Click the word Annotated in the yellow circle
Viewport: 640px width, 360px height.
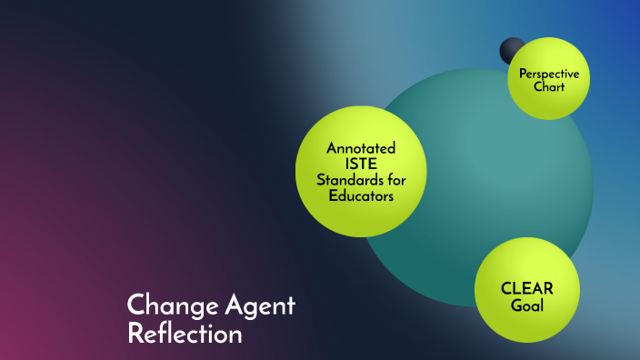[x=362, y=148]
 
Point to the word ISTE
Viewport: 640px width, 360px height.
[x=362, y=164]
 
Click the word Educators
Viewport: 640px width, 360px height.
[x=362, y=195]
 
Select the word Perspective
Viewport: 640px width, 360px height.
[x=549, y=74]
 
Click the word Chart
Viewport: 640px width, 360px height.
[x=549, y=87]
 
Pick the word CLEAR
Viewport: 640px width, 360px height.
[x=527, y=289]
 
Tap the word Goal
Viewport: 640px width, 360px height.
[x=527, y=305]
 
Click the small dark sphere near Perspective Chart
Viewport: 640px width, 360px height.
[x=511, y=49]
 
